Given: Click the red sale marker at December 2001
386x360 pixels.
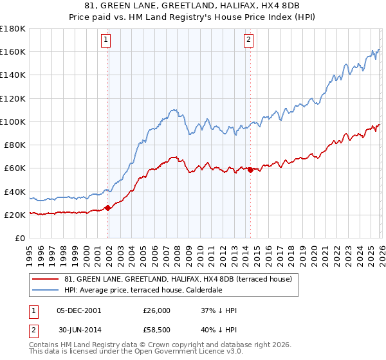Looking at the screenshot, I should [x=107, y=208].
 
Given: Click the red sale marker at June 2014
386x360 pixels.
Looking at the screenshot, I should [x=250, y=170].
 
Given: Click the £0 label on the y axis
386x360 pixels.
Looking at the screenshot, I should [x=20, y=239].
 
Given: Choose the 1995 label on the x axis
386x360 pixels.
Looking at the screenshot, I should [x=30, y=254].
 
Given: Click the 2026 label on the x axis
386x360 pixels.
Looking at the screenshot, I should [x=381, y=254].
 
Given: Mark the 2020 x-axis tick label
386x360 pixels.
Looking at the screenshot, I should [x=314, y=254].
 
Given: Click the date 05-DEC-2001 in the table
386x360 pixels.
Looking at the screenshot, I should [x=79, y=310].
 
